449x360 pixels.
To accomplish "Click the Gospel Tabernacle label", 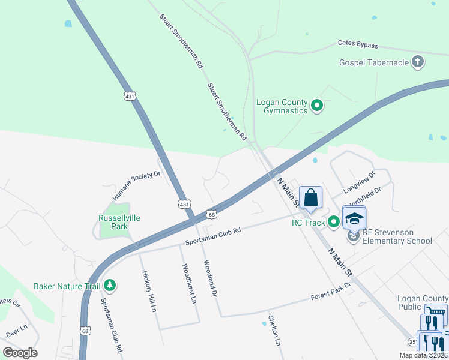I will (x=373, y=62).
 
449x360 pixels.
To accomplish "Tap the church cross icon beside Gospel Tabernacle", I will (x=418, y=61).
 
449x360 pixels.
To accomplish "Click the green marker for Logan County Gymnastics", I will (x=318, y=107).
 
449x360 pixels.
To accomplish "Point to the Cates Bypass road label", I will (x=358, y=45).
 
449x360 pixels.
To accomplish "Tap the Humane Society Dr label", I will (x=137, y=186).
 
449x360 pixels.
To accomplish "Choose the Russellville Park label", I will (x=119, y=222).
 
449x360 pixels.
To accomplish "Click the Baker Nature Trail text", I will (x=67, y=286).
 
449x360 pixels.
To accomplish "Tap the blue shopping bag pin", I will (x=311, y=197).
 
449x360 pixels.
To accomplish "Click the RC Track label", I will (x=308, y=223).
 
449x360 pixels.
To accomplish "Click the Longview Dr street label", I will (x=359, y=182).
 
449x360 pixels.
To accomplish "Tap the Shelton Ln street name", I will (x=275, y=331).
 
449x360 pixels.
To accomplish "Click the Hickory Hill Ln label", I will (x=148, y=290).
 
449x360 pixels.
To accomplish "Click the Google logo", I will (x=20, y=353).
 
